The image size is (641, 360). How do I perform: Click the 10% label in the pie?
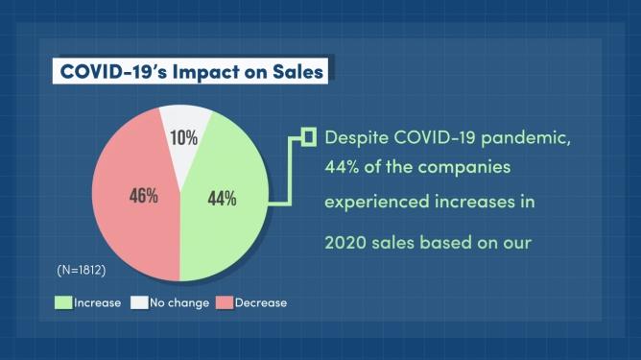pos(184,138)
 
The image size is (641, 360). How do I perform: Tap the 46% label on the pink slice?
pos(144,196)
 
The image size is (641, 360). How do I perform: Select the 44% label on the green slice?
pos(222,199)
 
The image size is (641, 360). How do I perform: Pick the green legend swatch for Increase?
pos(63,302)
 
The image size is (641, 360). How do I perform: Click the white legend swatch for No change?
pos(139,302)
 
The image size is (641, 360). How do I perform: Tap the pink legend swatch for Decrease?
pos(225,302)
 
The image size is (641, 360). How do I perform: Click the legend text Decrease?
pos(261,303)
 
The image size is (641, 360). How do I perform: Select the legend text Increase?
pos(97,303)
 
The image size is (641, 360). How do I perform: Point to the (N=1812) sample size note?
pos(82,270)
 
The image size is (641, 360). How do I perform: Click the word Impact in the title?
pos(205,72)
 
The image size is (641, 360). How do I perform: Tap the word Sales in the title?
pos(298,72)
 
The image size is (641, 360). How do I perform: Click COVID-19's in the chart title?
pos(113,72)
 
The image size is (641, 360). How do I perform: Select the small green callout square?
pos(309,137)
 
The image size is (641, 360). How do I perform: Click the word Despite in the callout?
pos(356,138)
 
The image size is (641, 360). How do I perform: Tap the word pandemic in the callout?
pos(525,138)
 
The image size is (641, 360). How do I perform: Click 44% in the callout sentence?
pos(342,167)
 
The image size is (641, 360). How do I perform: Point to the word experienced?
pos(376,203)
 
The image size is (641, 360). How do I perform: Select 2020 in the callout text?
pos(345,243)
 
